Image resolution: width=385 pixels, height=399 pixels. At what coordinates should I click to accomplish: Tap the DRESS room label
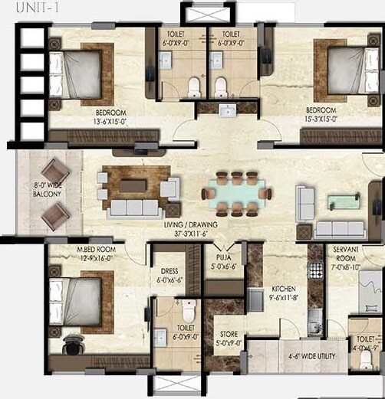[x=169, y=276]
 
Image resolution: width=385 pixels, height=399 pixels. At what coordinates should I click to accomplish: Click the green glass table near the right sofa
[x=342, y=201]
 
